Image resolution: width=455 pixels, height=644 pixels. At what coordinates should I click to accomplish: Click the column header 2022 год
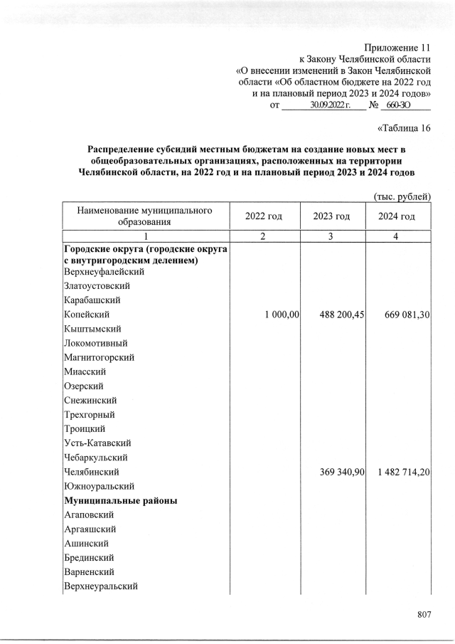tap(264, 216)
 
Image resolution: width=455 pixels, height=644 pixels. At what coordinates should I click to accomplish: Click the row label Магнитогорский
tap(99, 357)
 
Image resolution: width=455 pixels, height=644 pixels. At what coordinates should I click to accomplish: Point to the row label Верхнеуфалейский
tap(104, 272)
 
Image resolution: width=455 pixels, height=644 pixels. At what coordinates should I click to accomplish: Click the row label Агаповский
tap(89, 514)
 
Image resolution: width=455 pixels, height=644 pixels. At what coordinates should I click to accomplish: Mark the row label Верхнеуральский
tap(100, 586)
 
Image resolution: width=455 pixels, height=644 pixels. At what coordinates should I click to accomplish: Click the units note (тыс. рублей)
tap(402, 196)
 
